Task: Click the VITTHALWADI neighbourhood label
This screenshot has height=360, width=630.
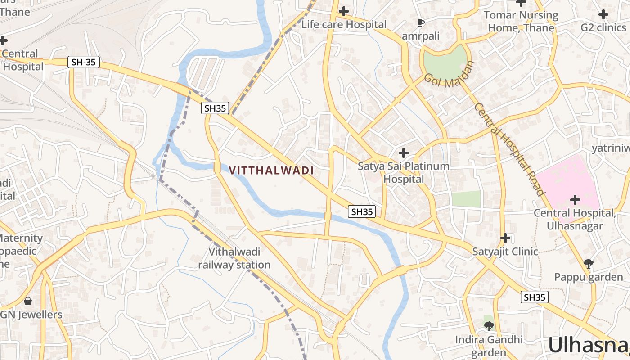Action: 271,171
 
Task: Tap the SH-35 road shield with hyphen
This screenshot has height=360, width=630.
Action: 84,62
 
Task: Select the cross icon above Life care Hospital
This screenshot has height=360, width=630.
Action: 344,11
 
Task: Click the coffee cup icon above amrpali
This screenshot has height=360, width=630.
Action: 420,22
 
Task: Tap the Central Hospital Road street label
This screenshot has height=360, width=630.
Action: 509,149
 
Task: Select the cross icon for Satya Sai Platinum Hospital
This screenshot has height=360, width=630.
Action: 404,153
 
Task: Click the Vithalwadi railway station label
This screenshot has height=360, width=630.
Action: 234,258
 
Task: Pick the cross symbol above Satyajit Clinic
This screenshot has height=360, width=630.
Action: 505,238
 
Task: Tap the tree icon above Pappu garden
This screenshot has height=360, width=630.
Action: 588,263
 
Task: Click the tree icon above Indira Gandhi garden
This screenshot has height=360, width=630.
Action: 489,325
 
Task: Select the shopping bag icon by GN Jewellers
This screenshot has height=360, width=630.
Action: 28,301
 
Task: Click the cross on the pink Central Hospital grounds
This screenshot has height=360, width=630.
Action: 575,199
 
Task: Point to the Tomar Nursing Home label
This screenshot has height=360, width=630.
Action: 521,21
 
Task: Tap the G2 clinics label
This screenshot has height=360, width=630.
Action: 603,27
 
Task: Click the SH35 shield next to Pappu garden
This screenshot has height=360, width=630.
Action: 535,297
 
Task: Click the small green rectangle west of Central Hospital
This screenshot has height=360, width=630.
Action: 466,199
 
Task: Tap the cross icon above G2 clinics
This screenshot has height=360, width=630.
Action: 603,14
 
